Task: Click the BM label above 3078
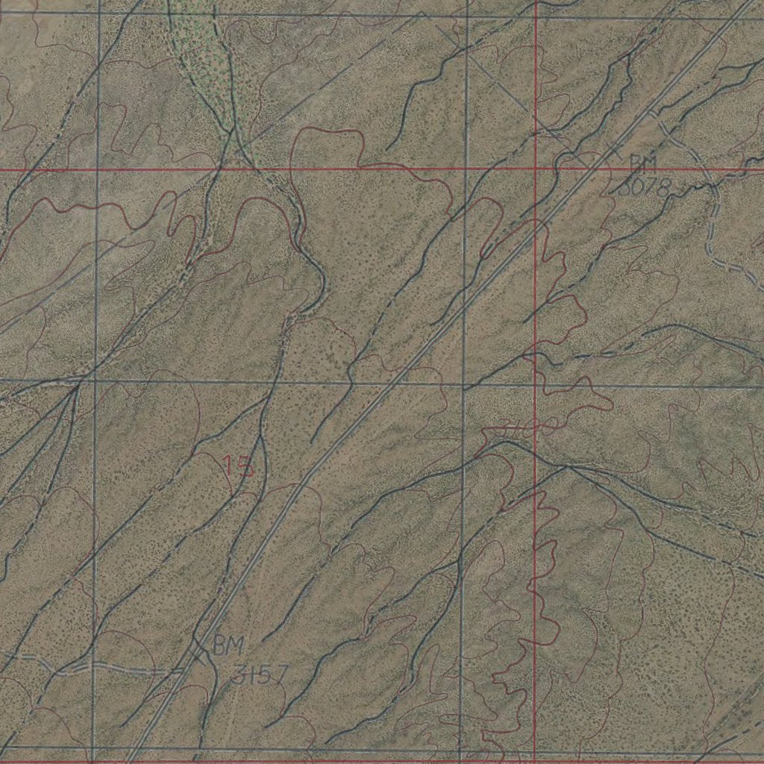pyautogui.click(x=642, y=163)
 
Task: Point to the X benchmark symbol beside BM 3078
pyautogui.click(x=613, y=149)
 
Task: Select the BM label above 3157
pyautogui.click(x=227, y=646)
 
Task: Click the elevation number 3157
pyautogui.click(x=259, y=675)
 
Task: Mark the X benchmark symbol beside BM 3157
pyautogui.click(x=198, y=651)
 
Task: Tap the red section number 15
pyautogui.click(x=239, y=466)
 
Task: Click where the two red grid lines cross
pyautogui.click(x=535, y=169)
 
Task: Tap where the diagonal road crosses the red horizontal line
pyautogui.click(x=592, y=169)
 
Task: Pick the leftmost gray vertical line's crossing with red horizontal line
pyautogui.click(x=98, y=169)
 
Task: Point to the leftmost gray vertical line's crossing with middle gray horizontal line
pyautogui.click(x=95, y=382)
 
